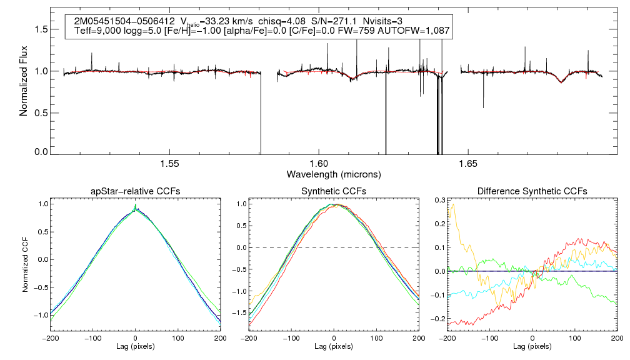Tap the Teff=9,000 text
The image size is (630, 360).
[x=97, y=31]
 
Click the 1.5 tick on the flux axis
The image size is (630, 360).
[x=41, y=29]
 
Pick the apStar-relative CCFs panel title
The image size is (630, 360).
[x=136, y=191]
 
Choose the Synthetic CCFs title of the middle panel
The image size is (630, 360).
[x=334, y=191]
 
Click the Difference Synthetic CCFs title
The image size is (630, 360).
[x=532, y=191]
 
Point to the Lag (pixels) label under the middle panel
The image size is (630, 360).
[x=334, y=346]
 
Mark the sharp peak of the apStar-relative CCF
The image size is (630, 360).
[x=136, y=205]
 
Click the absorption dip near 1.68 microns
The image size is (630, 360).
[x=561, y=82]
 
